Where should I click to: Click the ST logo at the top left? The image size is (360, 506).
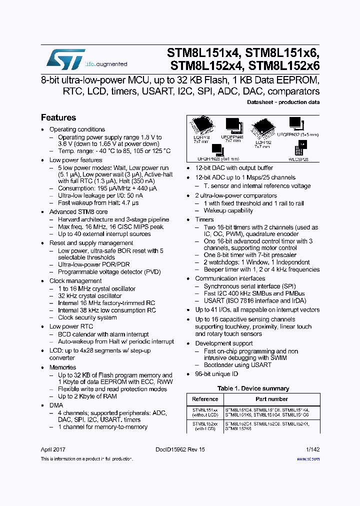pyautogui.click(x=65, y=59)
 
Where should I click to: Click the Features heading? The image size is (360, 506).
pyautogui.click(x=58, y=118)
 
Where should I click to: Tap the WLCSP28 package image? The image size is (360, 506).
pyautogui.click(x=300, y=149)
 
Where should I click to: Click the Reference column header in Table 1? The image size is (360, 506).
pyautogui.click(x=205, y=399)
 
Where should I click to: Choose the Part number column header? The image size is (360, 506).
pyautogui.click(x=271, y=399)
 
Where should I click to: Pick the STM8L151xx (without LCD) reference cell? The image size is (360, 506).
pyautogui.click(x=205, y=411)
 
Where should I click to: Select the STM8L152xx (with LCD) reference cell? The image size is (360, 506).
pyautogui.click(x=205, y=425)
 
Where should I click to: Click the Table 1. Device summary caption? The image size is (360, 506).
pyautogui.click(x=253, y=388)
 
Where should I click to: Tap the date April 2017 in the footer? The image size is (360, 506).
pyautogui.click(x=53, y=449)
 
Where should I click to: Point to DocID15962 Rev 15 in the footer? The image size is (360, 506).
pyautogui.click(x=180, y=449)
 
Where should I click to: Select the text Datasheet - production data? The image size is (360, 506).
pyautogui.click(x=283, y=102)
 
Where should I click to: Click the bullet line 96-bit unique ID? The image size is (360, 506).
pyautogui.click(x=216, y=374)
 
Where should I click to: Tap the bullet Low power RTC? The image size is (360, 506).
pyautogui.click(x=70, y=326)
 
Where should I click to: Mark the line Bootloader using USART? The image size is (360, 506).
pyautogui.click(x=237, y=365)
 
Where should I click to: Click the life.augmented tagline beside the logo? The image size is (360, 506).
pyautogui.click(x=105, y=64)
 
